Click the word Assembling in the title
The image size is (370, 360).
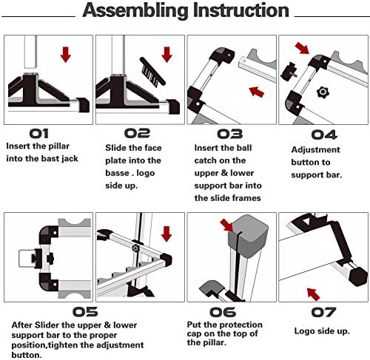[x=135, y=10]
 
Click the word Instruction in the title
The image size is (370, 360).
[x=241, y=10]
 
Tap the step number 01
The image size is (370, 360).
[x=39, y=134]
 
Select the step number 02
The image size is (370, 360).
[x=137, y=133]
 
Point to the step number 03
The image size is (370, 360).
[x=230, y=134]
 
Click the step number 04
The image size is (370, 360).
[x=324, y=135]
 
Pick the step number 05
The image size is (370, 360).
[x=85, y=312]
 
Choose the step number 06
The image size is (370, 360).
[x=223, y=312]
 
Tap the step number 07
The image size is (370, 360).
[x=323, y=313]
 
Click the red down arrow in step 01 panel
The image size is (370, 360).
[x=66, y=55]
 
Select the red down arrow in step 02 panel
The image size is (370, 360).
[x=167, y=55]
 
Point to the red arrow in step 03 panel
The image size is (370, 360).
[x=257, y=92]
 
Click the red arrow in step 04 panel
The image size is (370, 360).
[x=303, y=47]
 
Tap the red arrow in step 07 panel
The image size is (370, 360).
[x=313, y=294]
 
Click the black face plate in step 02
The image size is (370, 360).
[x=152, y=71]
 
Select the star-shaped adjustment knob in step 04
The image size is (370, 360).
[x=323, y=92]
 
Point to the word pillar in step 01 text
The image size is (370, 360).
[x=59, y=146]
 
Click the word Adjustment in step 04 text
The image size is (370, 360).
[x=315, y=150]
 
